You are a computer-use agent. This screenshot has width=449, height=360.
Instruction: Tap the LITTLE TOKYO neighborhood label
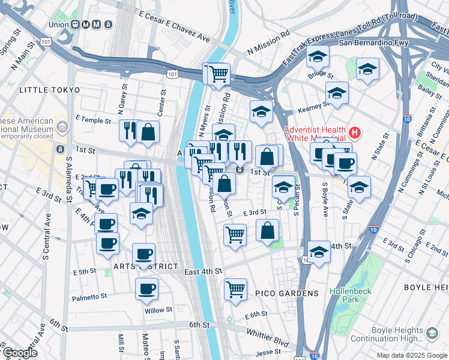[x=49, y=90]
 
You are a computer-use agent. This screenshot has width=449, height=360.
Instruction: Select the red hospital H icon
[x=355, y=133]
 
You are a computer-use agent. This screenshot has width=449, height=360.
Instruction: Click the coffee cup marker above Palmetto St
[x=146, y=289]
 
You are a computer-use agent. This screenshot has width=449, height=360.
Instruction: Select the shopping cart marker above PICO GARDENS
[x=235, y=289]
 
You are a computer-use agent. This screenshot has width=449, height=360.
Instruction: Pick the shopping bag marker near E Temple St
[x=148, y=131]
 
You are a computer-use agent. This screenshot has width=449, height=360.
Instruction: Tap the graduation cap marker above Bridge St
[x=318, y=57]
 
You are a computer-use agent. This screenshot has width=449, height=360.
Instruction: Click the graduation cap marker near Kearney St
[x=337, y=93]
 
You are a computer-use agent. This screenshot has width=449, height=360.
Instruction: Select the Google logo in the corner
[x=20, y=353]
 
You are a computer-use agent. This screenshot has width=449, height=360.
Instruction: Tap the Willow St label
[x=158, y=310]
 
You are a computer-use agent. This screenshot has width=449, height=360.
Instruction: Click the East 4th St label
[x=203, y=272]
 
